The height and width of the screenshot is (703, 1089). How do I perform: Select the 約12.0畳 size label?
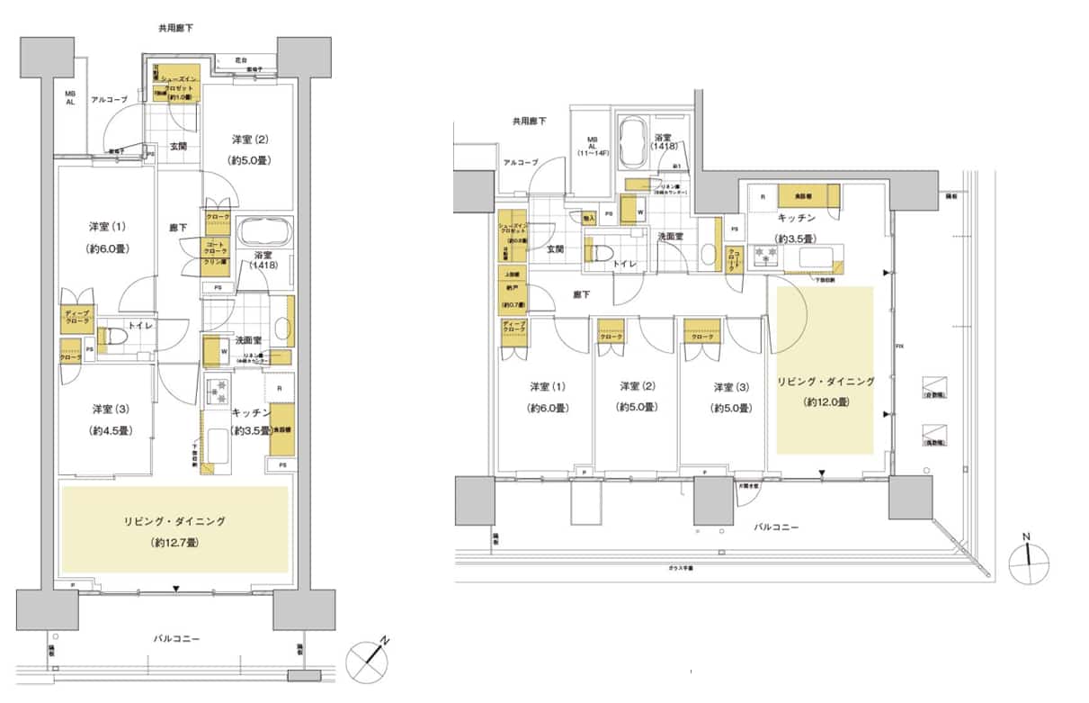(x=826, y=402)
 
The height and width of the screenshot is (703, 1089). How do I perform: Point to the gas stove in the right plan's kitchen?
(x=766, y=256)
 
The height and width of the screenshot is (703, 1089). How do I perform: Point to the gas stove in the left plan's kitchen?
(x=217, y=392)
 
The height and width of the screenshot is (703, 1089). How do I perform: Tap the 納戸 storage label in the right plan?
(x=514, y=290)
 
